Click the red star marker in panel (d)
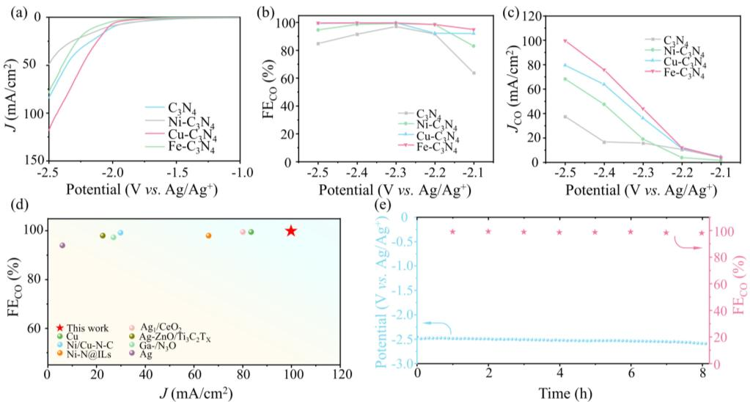(291, 231)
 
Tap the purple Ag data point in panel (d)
(62, 245)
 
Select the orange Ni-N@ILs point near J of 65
(208, 235)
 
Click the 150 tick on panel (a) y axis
(34, 160)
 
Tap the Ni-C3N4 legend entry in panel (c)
(684, 51)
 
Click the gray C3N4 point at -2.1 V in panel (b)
(474, 73)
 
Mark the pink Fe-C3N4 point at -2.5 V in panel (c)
(565, 41)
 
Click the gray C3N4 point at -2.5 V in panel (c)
(565, 117)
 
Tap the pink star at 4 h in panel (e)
(559, 233)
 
